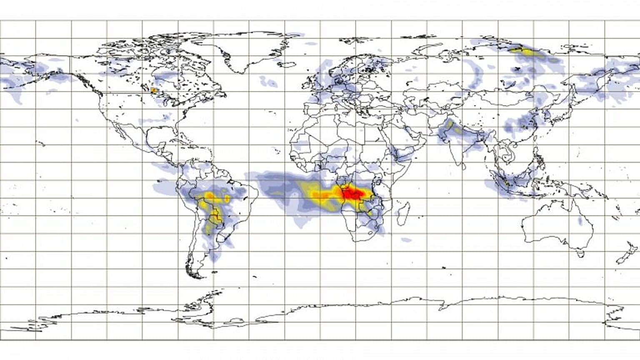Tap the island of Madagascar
[x=403, y=212]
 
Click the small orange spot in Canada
[x=154, y=90]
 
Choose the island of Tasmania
[x=579, y=253]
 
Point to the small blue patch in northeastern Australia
[x=580, y=221]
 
